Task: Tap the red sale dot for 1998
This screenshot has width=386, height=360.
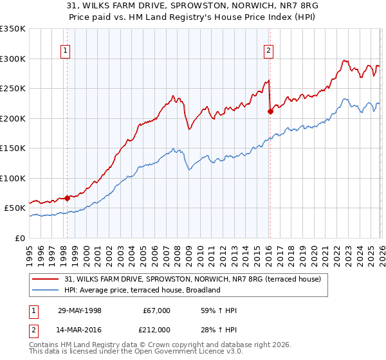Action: [67, 198]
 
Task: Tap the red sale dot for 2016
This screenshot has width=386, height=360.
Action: [270, 111]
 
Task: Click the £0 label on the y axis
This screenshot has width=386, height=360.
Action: [19, 238]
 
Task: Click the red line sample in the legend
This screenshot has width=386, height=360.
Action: [46, 279]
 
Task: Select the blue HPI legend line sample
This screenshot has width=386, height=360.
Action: [46, 290]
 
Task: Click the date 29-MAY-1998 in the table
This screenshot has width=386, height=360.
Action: [81, 310]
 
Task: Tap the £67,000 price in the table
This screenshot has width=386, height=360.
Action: [156, 310]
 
